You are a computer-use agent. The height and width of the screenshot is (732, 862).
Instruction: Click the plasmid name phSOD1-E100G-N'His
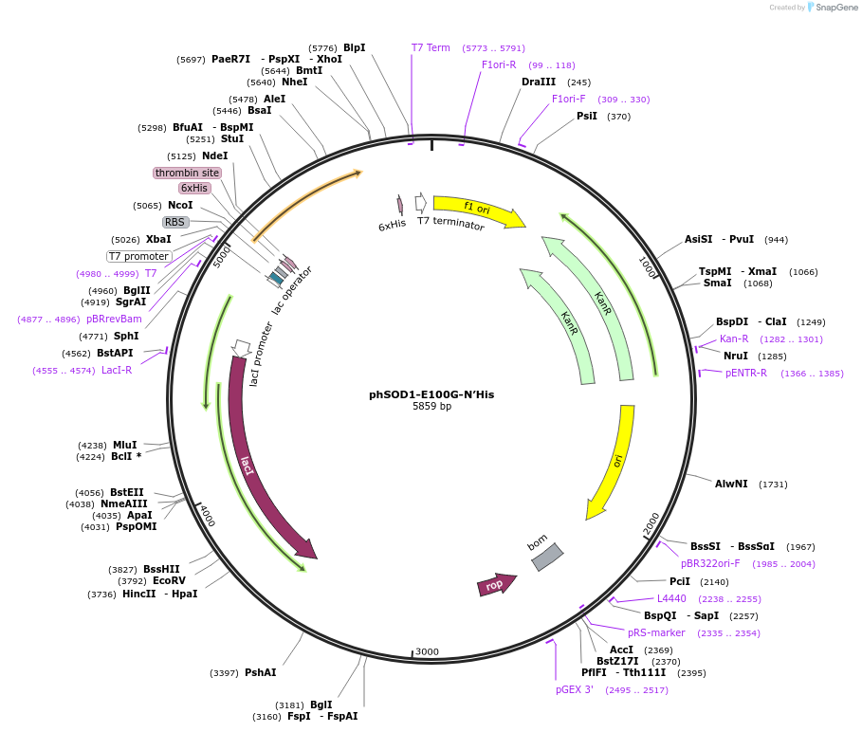coord(431,394)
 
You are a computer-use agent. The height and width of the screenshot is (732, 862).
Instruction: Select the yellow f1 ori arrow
coord(479,210)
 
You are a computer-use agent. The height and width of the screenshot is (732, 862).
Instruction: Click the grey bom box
coord(546,557)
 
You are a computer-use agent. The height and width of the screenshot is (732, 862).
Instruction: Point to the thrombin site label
coord(187,173)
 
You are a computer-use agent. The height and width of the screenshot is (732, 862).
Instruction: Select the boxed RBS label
coord(175,222)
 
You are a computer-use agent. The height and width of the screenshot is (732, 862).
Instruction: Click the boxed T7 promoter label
coord(138,256)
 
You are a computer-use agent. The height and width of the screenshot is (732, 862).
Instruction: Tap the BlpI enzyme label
coord(354,47)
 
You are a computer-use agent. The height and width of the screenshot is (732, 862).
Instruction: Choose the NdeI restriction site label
coord(214,156)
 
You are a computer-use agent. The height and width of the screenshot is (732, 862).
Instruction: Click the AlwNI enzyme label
coord(731,484)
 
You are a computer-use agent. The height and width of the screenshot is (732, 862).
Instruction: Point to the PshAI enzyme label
coord(260,672)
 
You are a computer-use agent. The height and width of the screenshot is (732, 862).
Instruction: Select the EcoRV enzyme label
coord(169,580)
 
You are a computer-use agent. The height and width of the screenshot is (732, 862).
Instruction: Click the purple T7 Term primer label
coord(431,47)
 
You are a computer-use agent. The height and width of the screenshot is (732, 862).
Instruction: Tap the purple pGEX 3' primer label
coord(575,689)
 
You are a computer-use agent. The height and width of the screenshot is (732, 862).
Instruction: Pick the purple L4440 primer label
coord(671,598)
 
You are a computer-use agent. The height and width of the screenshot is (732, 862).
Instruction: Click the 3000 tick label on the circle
coord(427,651)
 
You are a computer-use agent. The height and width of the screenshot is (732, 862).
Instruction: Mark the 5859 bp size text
coord(431,407)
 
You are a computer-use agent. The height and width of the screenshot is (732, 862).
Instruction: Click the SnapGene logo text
coord(836,7)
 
